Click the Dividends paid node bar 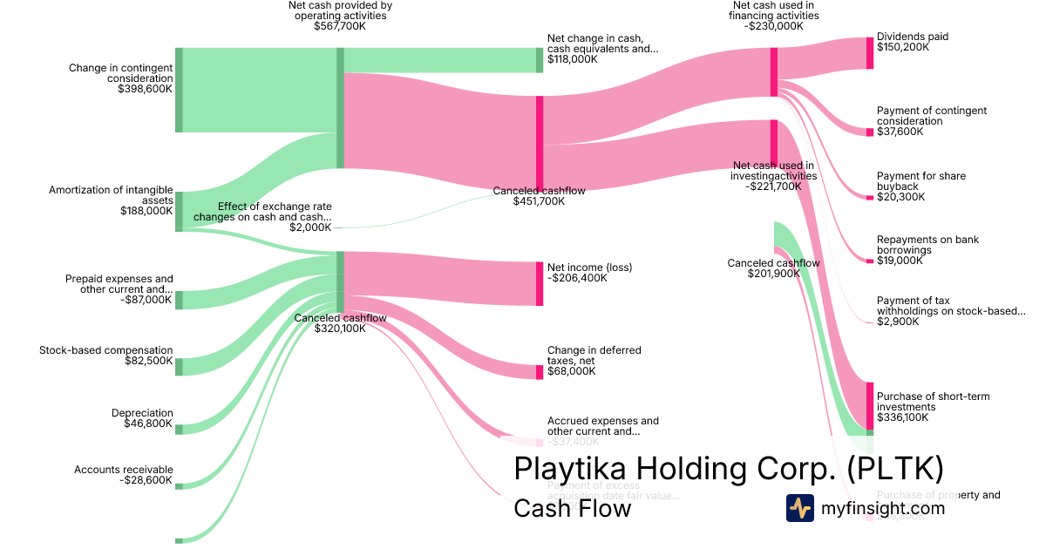869,53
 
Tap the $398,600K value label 145,89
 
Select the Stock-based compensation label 105,350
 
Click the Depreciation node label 142,413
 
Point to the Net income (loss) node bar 540,283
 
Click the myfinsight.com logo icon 799,508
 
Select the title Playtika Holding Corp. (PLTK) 729,468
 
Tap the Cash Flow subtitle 572,508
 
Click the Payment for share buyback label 921,181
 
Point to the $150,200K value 903,48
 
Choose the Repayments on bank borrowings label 916,245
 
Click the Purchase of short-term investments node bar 869,405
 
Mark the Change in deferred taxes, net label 594,356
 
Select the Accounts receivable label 123,470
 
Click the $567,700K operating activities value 340,27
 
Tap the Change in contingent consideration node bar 179,90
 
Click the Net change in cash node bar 540,60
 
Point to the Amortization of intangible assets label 111,195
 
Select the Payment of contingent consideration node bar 869,132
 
